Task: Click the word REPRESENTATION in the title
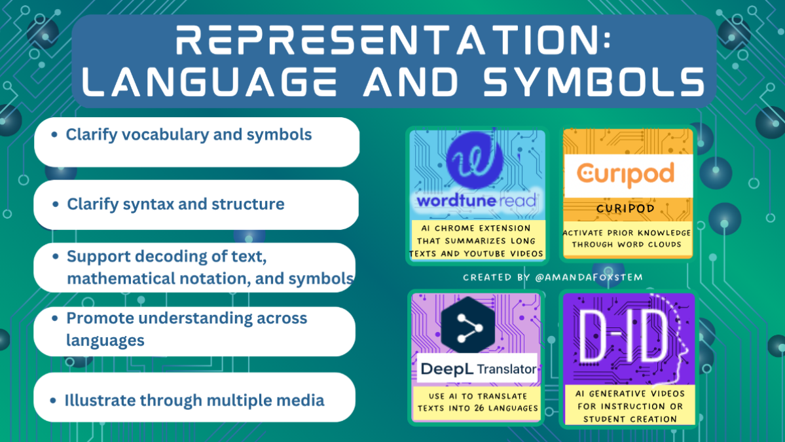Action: tap(393, 41)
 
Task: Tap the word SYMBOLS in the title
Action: tap(594, 82)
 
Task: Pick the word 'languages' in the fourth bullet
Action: tap(105, 341)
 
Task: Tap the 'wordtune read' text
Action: tap(477, 201)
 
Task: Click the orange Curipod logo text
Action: tap(626, 175)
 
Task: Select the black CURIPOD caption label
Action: tap(626, 208)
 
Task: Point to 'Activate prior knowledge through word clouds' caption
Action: tap(627, 238)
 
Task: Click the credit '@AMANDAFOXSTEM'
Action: tap(589, 277)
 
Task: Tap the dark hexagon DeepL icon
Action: tap(468, 326)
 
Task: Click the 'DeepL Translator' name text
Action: tap(478, 369)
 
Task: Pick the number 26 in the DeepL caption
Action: tap(479, 409)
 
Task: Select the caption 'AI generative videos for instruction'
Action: tap(630, 400)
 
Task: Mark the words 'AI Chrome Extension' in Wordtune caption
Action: tap(475, 229)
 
